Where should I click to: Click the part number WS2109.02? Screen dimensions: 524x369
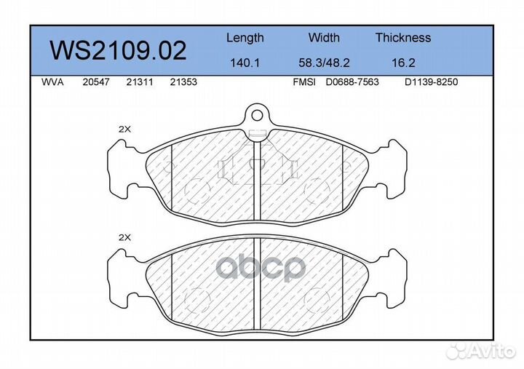click(118, 50)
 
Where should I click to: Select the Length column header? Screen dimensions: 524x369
click(245, 38)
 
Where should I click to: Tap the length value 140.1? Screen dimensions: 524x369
click(245, 63)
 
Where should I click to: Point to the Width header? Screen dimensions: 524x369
click(324, 37)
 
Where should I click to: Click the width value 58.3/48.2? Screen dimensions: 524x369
click(324, 63)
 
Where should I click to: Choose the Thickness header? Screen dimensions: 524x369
click(403, 37)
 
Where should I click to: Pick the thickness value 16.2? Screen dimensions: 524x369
click(403, 63)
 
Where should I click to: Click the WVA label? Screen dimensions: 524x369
click(52, 82)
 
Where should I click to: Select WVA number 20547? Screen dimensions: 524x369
click(96, 82)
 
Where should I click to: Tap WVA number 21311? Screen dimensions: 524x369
click(139, 82)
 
